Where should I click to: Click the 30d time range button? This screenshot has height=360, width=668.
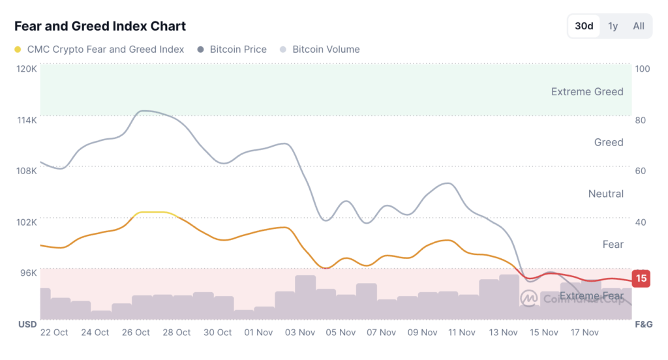tap(584, 26)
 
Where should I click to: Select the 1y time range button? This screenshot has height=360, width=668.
tap(613, 26)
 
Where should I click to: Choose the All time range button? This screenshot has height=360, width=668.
tap(639, 26)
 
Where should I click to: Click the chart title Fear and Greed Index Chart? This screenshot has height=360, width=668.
tap(100, 26)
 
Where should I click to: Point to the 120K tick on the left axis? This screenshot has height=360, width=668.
tap(27, 68)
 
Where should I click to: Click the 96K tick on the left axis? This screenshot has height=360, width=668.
tap(28, 273)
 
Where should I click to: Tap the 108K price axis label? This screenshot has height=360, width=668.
tap(27, 170)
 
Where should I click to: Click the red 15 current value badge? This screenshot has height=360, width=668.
tap(641, 278)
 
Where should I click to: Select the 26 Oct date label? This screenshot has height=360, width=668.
tap(136, 333)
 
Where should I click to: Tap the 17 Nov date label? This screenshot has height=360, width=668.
tap(584, 333)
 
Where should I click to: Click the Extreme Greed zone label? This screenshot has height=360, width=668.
tap(587, 92)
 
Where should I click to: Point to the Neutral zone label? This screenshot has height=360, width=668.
tap(606, 194)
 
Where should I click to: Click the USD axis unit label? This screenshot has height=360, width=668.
tap(27, 324)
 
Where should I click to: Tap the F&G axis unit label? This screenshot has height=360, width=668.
tap(643, 324)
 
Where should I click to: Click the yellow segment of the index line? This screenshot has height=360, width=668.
tap(153, 213)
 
